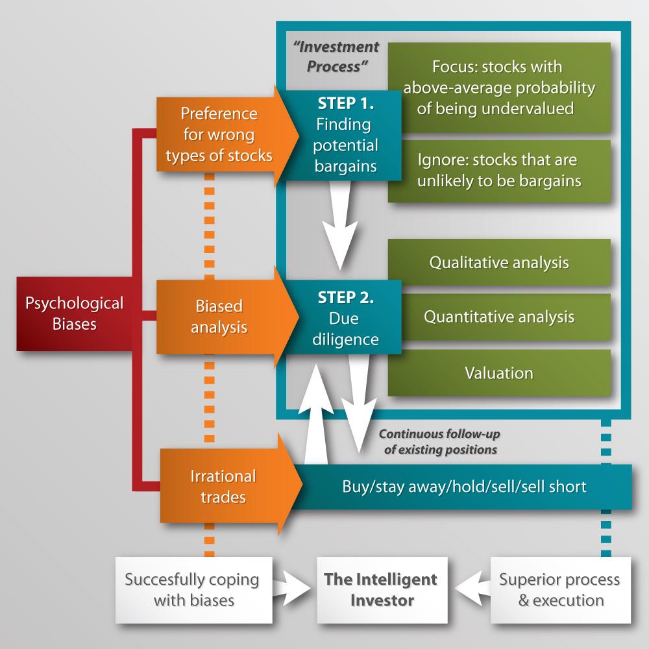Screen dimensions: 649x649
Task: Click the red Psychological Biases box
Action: coord(73,313)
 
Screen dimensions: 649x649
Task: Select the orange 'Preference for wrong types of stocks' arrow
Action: coord(219,135)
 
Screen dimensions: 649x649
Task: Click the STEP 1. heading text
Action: coord(345,103)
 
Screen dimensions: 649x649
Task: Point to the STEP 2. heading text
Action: coord(345,298)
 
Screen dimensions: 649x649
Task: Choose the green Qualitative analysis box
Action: coord(499,262)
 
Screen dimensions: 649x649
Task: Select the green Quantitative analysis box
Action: coord(499,317)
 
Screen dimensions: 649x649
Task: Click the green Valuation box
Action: coord(499,373)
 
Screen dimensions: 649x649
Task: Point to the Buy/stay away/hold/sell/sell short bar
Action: coord(464,486)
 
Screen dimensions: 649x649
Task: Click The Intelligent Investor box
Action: coord(382,589)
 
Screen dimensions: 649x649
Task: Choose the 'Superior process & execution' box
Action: coord(559,589)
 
